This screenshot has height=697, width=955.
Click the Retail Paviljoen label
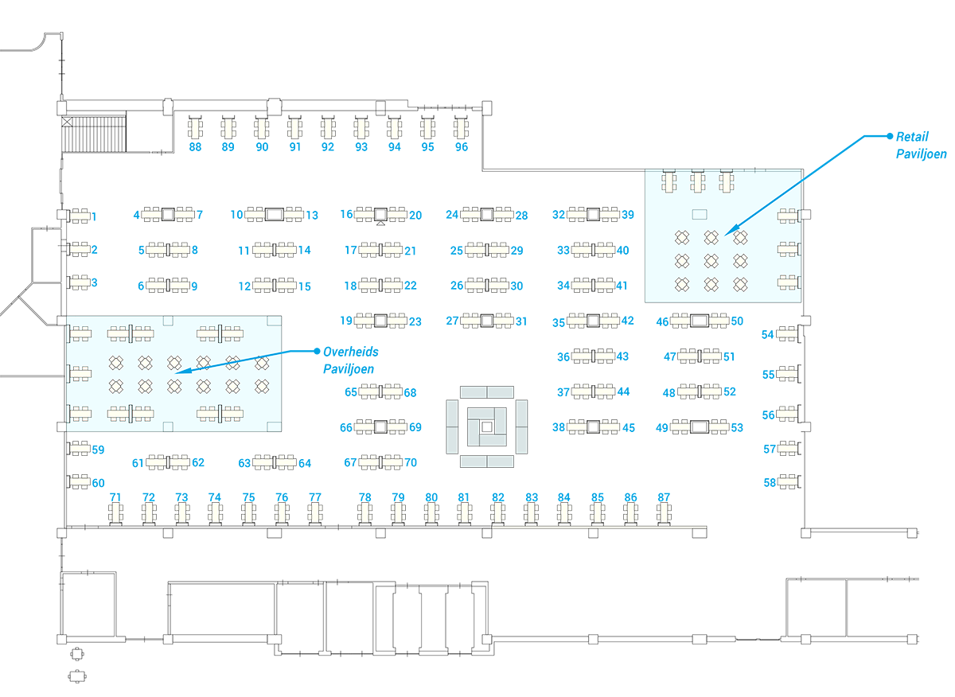(920, 146)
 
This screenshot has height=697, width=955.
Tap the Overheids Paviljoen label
(350, 360)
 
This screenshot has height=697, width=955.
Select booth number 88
(195, 147)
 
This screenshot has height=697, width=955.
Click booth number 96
(462, 147)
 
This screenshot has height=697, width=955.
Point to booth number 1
(94, 216)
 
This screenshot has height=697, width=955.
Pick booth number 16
(346, 214)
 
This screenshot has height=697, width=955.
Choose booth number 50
(737, 321)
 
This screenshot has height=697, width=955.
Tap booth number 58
(770, 482)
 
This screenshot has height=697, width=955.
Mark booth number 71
(115, 497)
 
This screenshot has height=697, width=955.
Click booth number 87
(664, 497)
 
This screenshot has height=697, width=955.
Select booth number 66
(346, 427)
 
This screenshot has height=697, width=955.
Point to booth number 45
(629, 427)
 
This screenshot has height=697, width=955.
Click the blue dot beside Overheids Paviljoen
(316, 350)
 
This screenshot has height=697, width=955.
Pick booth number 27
(452, 321)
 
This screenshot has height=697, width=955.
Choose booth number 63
(244, 462)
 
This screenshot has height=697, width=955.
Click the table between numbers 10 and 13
(274, 214)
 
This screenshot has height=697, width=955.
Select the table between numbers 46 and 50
(700, 321)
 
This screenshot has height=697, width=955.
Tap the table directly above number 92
(328, 127)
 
